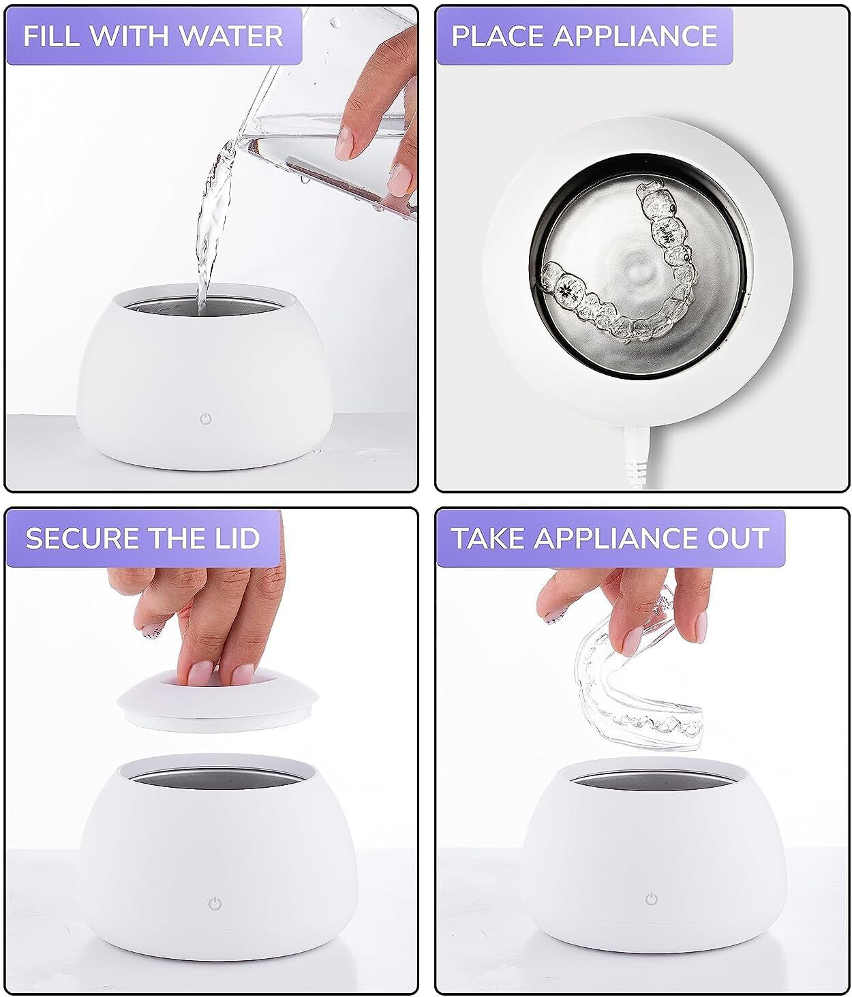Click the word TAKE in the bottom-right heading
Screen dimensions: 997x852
click(x=487, y=538)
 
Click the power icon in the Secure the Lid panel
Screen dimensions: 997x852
click(x=215, y=904)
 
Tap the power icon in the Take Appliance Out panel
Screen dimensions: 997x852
click(x=652, y=899)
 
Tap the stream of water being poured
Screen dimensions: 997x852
click(x=211, y=225)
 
